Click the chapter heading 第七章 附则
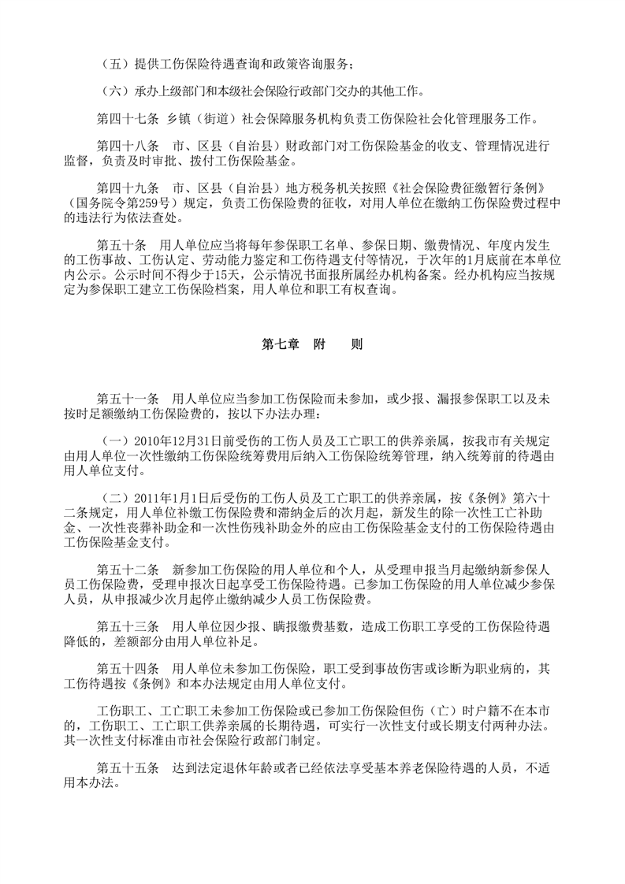tap(312, 345)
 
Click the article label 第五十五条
tap(127, 767)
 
